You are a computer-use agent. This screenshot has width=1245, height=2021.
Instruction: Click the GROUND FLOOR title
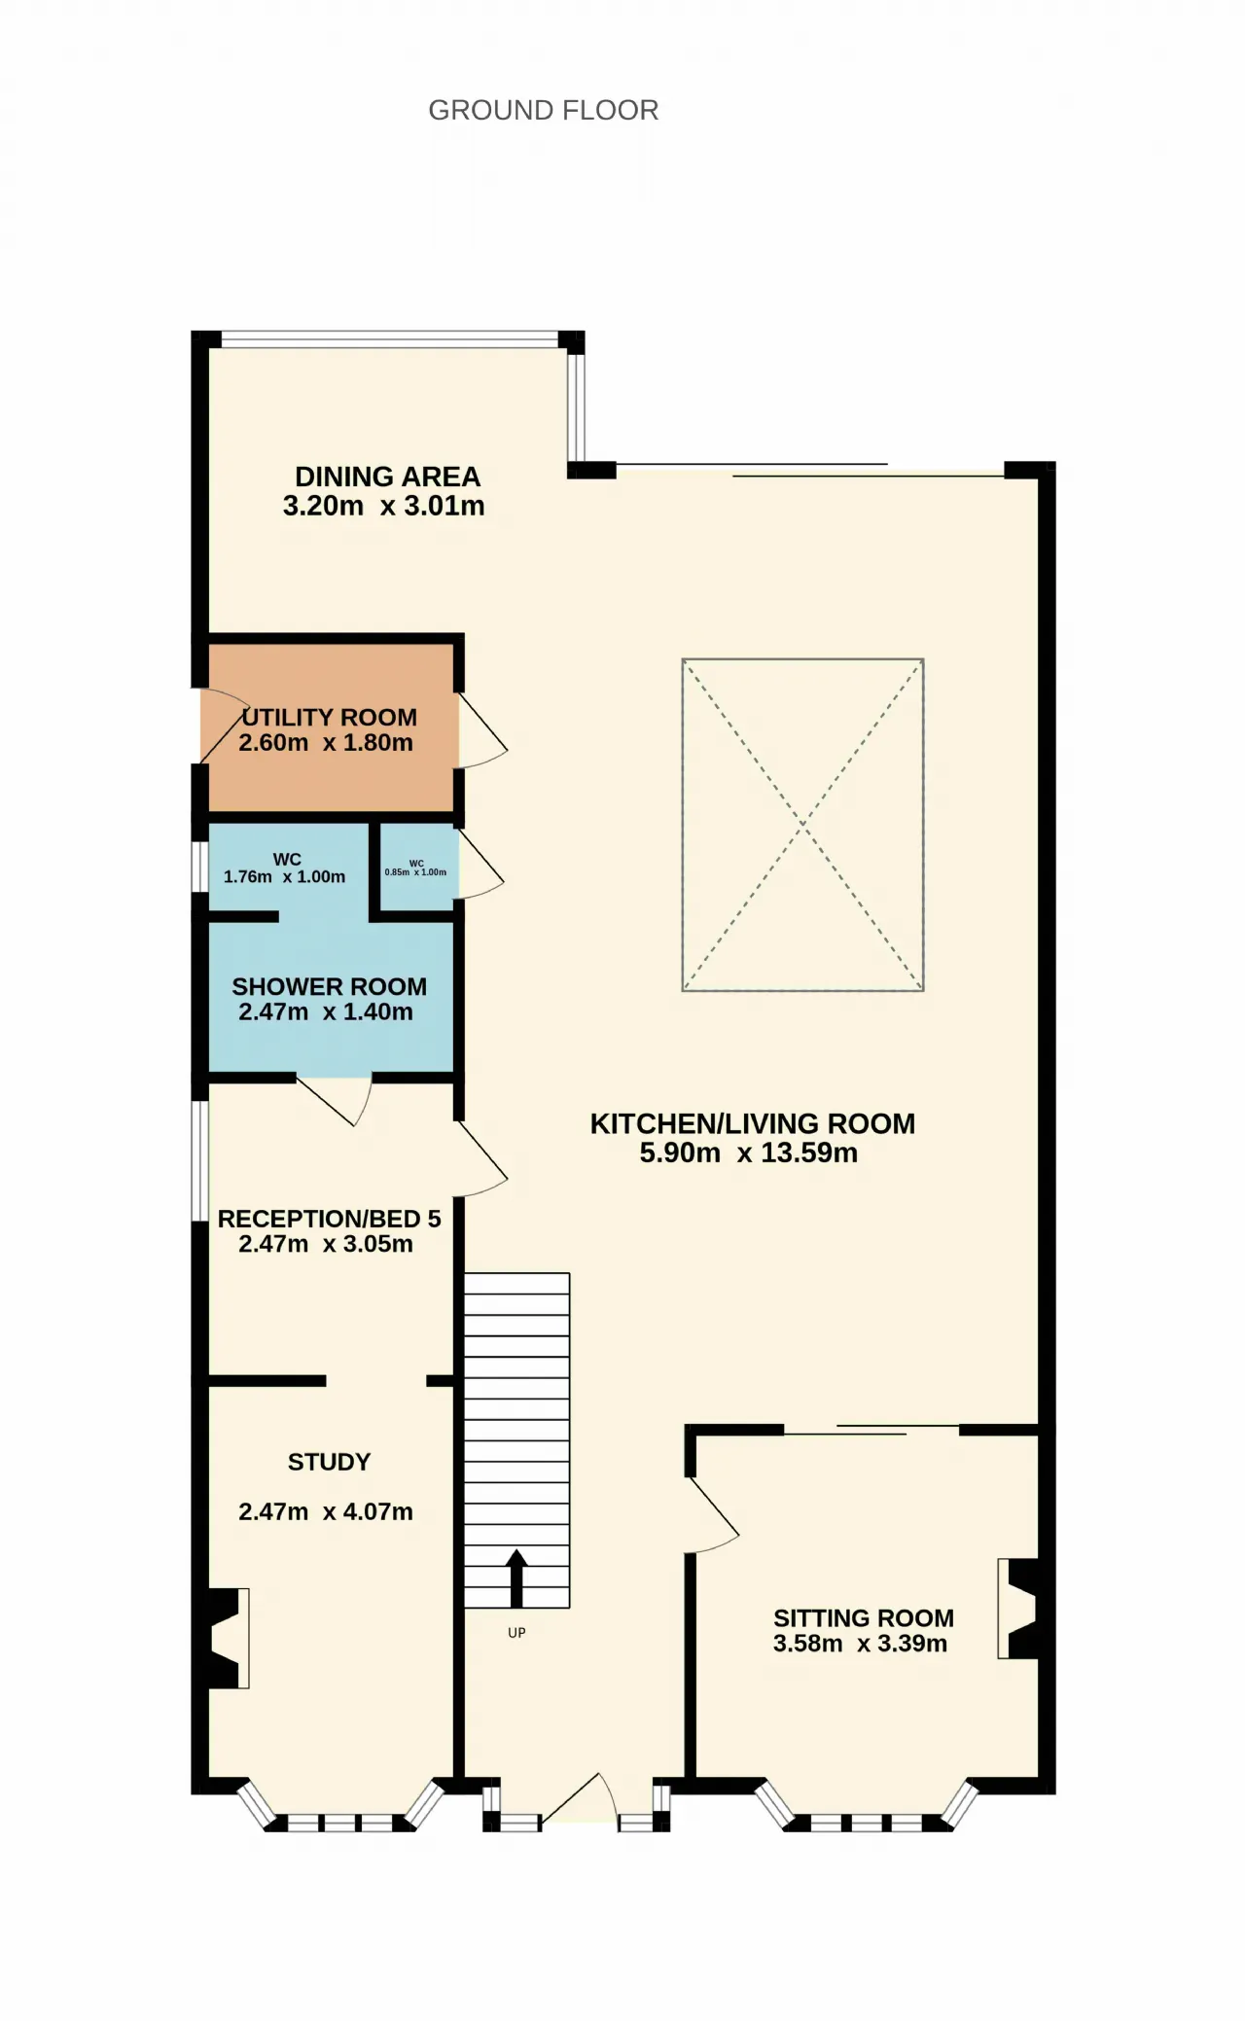point(544,111)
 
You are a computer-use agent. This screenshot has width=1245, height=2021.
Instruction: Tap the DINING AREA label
point(388,477)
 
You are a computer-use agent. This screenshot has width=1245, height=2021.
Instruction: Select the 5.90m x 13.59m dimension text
point(749,1153)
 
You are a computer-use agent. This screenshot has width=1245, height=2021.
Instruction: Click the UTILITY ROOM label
point(330,717)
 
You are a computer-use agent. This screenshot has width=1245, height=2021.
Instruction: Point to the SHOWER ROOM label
point(330,986)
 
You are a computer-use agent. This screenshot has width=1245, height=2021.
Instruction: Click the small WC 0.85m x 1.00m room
point(416,869)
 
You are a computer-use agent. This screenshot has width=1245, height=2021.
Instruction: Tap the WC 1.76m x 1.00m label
point(285,868)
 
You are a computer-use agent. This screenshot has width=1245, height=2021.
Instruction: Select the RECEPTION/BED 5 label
point(330,1219)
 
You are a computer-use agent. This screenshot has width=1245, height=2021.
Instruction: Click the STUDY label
point(330,1462)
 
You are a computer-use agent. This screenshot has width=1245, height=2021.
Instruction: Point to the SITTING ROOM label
point(864,1618)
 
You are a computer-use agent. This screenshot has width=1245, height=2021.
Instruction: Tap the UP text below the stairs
point(516,1633)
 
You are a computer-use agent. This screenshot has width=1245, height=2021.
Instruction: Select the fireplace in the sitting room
point(1021,1609)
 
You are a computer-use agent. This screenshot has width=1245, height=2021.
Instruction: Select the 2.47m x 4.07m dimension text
point(326,1512)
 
